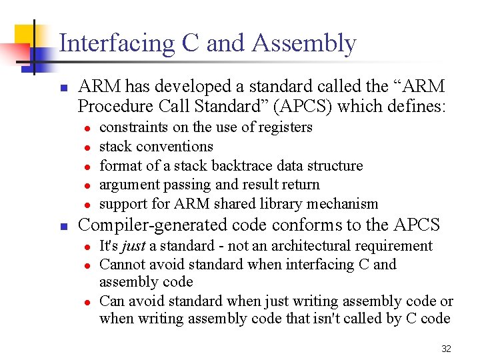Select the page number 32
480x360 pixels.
click(447, 349)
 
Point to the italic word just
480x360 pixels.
click(133, 246)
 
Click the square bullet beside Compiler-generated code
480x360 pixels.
click(63, 227)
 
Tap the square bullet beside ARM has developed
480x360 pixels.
click(63, 88)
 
